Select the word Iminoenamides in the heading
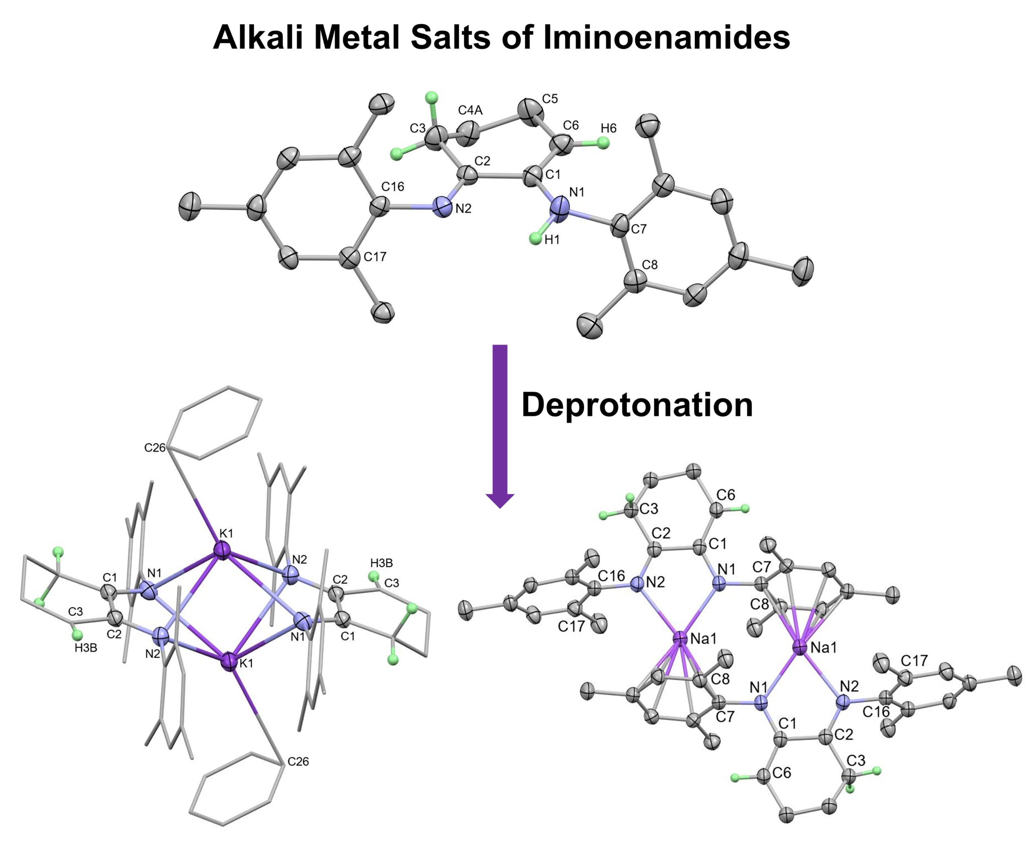(x=667, y=37)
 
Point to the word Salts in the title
(x=451, y=37)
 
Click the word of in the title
(x=517, y=37)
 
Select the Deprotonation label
(x=637, y=405)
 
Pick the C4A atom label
(x=470, y=110)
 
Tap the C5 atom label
(x=550, y=99)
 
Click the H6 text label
(x=609, y=128)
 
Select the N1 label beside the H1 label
(x=577, y=192)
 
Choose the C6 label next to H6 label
(x=571, y=125)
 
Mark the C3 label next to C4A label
(x=418, y=128)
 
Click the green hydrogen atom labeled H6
(x=603, y=143)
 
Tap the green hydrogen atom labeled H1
(x=536, y=239)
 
